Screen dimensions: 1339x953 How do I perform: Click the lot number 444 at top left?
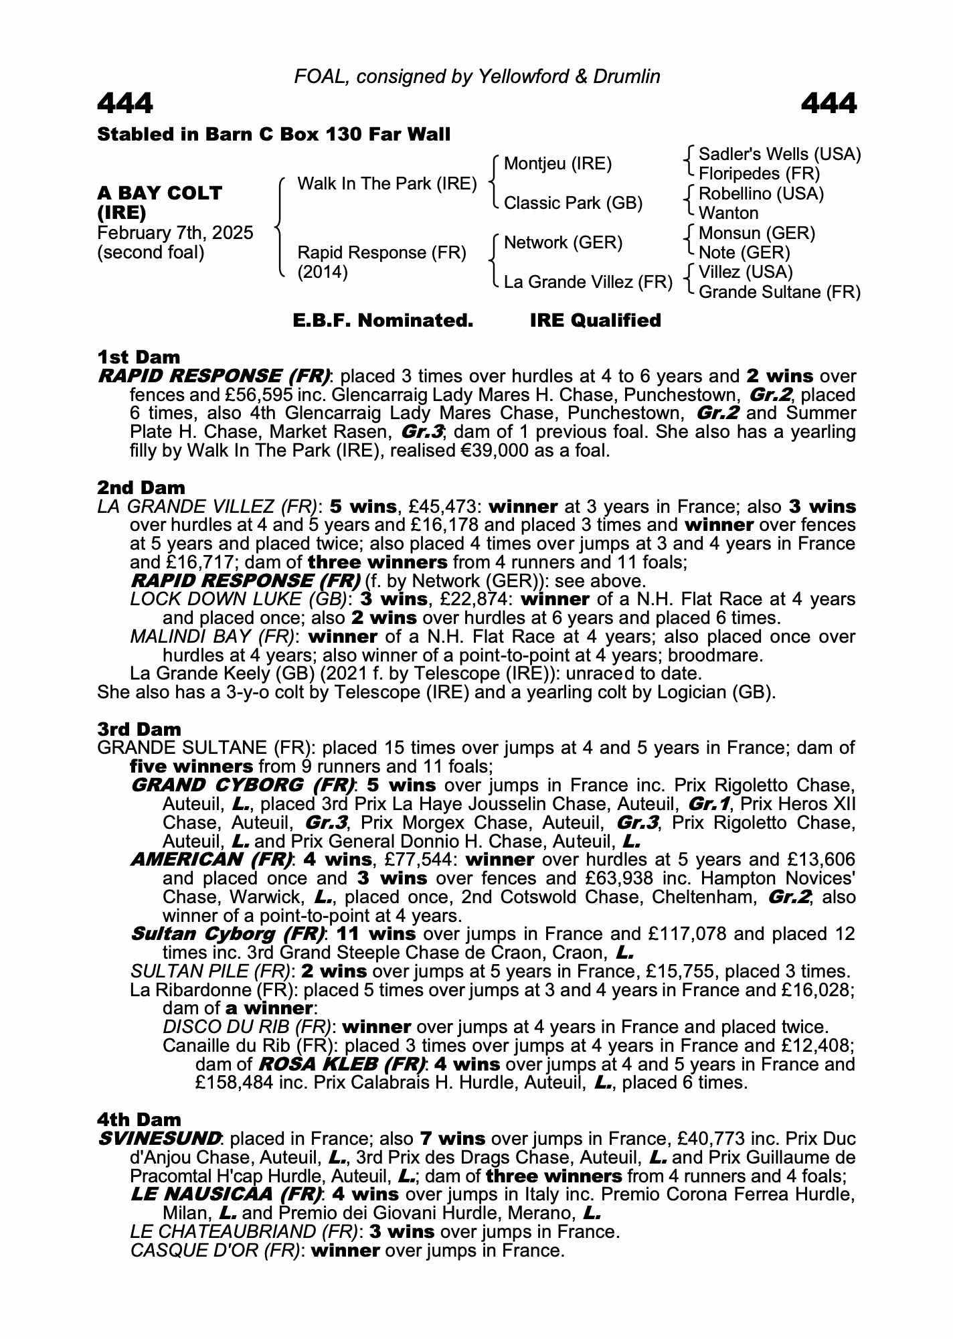point(125,104)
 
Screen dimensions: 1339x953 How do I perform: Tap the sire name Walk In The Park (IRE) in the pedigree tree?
point(387,183)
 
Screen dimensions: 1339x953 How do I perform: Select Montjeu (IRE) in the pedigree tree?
point(557,163)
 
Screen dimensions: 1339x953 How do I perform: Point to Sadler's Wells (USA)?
point(779,154)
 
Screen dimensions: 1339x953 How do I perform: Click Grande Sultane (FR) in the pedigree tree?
point(779,292)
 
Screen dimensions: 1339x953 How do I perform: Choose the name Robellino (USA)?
point(761,193)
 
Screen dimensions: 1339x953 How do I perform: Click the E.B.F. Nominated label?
point(383,320)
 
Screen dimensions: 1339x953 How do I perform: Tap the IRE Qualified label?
point(595,320)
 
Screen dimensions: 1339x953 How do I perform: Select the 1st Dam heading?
point(139,356)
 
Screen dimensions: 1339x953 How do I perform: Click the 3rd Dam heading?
point(139,728)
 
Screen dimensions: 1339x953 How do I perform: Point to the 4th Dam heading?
point(139,1119)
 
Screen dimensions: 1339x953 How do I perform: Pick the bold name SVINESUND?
point(159,1138)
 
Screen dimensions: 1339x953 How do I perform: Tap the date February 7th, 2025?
point(175,233)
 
